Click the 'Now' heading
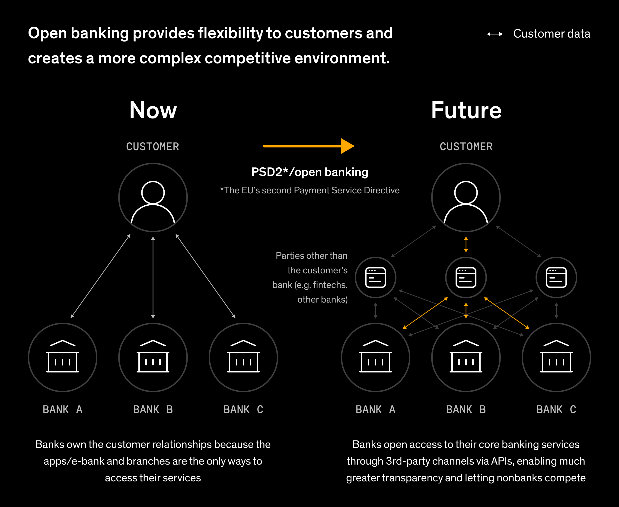153,110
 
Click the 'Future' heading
466,110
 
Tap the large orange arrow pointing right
308,146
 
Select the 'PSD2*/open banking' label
309,172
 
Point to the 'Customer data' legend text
552,34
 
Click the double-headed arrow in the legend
495,34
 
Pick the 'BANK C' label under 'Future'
556,409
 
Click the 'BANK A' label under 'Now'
63,409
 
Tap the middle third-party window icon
466,277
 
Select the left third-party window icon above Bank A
376,277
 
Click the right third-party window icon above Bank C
556,277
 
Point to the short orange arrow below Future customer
466,244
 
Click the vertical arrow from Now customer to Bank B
153,277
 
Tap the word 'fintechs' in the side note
329,285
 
